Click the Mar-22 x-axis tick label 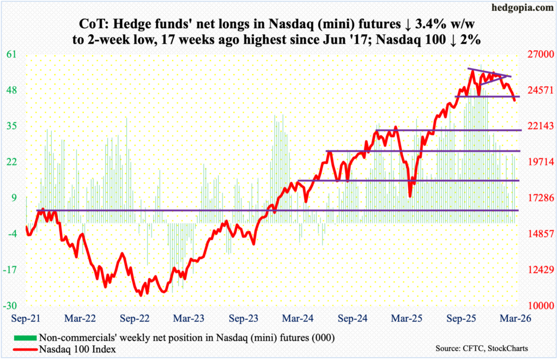pos(80,316)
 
